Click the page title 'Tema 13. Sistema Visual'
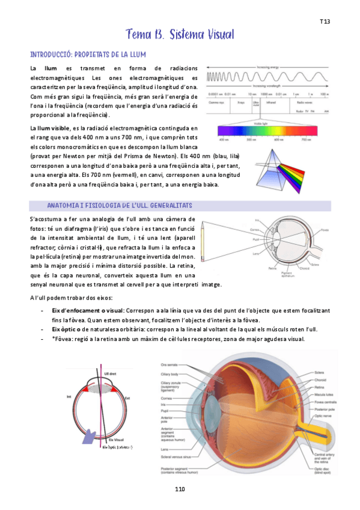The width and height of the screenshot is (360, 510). click(x=180, y=34)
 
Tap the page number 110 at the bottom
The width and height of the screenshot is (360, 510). click(x=180, y=489)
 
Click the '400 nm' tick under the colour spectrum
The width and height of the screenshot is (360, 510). click(x=224, y=139)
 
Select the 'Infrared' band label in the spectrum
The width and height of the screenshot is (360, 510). click(x=271, y=102)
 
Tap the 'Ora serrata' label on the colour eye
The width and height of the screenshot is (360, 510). click(x=168, y=364)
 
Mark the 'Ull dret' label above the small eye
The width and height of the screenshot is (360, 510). click(x=110, y=374)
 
